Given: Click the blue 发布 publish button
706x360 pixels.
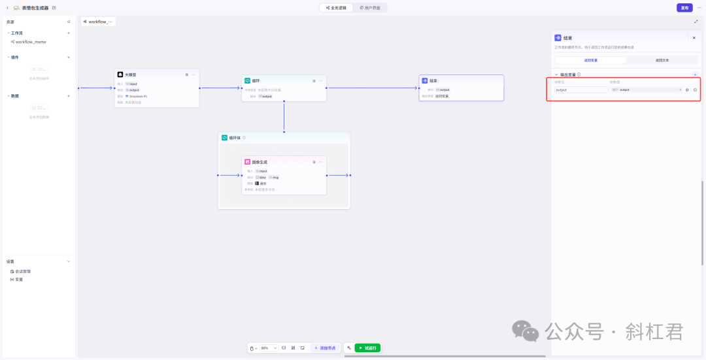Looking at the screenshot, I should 684,8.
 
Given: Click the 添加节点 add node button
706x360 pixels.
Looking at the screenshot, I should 325,348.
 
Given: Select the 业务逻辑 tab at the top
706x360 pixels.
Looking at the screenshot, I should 336,8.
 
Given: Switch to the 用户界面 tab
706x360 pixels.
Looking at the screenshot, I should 371,8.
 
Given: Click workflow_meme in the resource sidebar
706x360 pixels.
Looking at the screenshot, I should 31,42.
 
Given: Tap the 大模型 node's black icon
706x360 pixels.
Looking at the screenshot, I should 120,74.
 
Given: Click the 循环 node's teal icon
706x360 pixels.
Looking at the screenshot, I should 248,81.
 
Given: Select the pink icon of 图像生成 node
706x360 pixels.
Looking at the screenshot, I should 248,162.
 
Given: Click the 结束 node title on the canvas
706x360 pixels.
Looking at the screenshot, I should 434,81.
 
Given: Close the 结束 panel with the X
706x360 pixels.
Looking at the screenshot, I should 694,38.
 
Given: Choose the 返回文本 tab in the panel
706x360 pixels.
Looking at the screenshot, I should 662,60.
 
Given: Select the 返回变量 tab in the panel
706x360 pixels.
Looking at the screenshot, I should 591,60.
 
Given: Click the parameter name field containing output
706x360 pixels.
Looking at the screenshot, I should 581,90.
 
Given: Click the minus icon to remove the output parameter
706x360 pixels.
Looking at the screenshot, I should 695,90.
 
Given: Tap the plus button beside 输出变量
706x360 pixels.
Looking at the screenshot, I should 695,74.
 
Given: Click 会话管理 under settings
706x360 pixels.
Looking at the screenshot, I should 23,271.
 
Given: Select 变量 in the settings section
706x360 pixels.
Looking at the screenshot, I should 19,279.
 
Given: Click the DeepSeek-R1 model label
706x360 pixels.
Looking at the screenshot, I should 138,96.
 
